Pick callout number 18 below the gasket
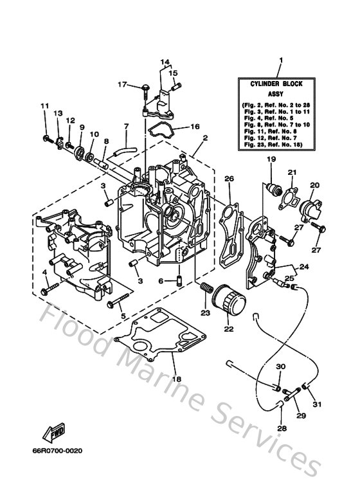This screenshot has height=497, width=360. pyautogui.click(x=175, y=379)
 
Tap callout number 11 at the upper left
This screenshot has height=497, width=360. pyautogui.click(x=44, y=106)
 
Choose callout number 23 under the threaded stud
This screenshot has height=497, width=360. pyautogui.click(x=205, y=313)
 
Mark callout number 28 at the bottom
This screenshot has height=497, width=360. pyautogui.click(x=281, y=428)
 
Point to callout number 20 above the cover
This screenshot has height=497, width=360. pyautogui.click(x=314, y=185)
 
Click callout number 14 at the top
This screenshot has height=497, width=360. pyautogui.click(x=165, y=62)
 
